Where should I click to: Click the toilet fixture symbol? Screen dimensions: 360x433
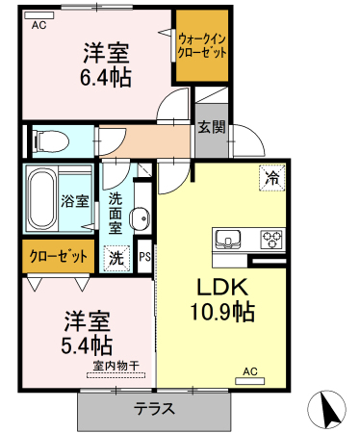(51, 140)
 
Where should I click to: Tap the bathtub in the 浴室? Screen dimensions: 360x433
(41, 200)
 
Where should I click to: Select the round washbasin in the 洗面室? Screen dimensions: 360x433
(140, 218)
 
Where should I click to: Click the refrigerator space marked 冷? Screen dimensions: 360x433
(271, 178)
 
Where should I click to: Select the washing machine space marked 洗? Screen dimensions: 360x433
(116, 258)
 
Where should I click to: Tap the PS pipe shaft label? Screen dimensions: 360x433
(144, 257)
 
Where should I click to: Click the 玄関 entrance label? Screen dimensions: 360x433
(212, 127)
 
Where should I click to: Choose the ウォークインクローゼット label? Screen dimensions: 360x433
(202, 45)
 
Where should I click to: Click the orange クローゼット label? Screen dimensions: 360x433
(59, 256)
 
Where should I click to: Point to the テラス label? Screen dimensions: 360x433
(155, 409)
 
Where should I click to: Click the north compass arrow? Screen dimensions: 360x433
(328, 409)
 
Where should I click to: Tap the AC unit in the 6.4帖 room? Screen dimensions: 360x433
(39, 15)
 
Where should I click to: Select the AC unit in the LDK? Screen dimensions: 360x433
(250, 381)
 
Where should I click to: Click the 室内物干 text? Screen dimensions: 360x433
(116, 366)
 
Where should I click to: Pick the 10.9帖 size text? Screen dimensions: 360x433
(222, 312)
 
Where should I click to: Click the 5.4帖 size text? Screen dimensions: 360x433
(87, 344)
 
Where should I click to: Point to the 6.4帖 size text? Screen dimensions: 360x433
(105, 77)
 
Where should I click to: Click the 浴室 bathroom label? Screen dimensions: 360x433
(75, 201)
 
